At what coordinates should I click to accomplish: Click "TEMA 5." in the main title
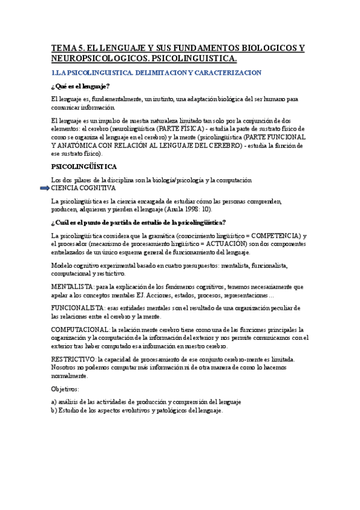(68, 48)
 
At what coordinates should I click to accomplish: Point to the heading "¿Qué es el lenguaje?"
(80, 87)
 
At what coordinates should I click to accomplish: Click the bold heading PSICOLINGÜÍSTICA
(84, 167)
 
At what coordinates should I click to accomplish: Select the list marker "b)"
(54, 410)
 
